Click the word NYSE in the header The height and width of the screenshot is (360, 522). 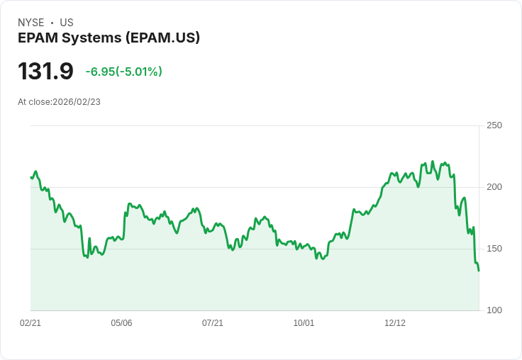click(30, 23)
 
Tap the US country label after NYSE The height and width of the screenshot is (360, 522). click(67, 23)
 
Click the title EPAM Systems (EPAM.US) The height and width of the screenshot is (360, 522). click(109, 38)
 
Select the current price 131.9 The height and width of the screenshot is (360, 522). click(45, 72)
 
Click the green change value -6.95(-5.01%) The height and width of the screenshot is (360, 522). click(123, 72)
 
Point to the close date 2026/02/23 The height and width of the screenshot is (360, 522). click(77, 102)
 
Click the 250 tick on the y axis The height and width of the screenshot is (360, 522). click(494, 125)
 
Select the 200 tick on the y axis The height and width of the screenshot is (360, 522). click(494, 187)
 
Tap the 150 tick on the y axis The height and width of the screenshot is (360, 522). click(494, 249)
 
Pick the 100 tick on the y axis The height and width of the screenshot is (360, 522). click(494, 310)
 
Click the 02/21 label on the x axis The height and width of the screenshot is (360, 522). click(30, 323)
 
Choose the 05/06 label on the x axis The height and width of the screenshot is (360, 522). click(121, 323)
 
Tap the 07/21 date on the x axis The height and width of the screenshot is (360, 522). click(213, 323)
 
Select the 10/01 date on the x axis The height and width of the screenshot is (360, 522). click(304, 323)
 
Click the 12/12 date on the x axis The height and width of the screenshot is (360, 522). click(395, 323)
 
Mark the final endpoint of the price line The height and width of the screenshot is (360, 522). click(479, 271)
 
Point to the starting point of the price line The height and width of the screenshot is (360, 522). click(30, 177)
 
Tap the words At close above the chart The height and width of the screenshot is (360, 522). click(34, 102)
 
